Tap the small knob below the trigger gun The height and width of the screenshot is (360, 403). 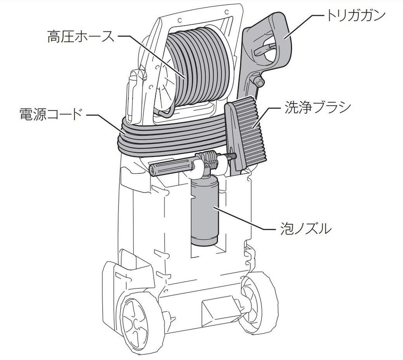pos(259,82)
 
